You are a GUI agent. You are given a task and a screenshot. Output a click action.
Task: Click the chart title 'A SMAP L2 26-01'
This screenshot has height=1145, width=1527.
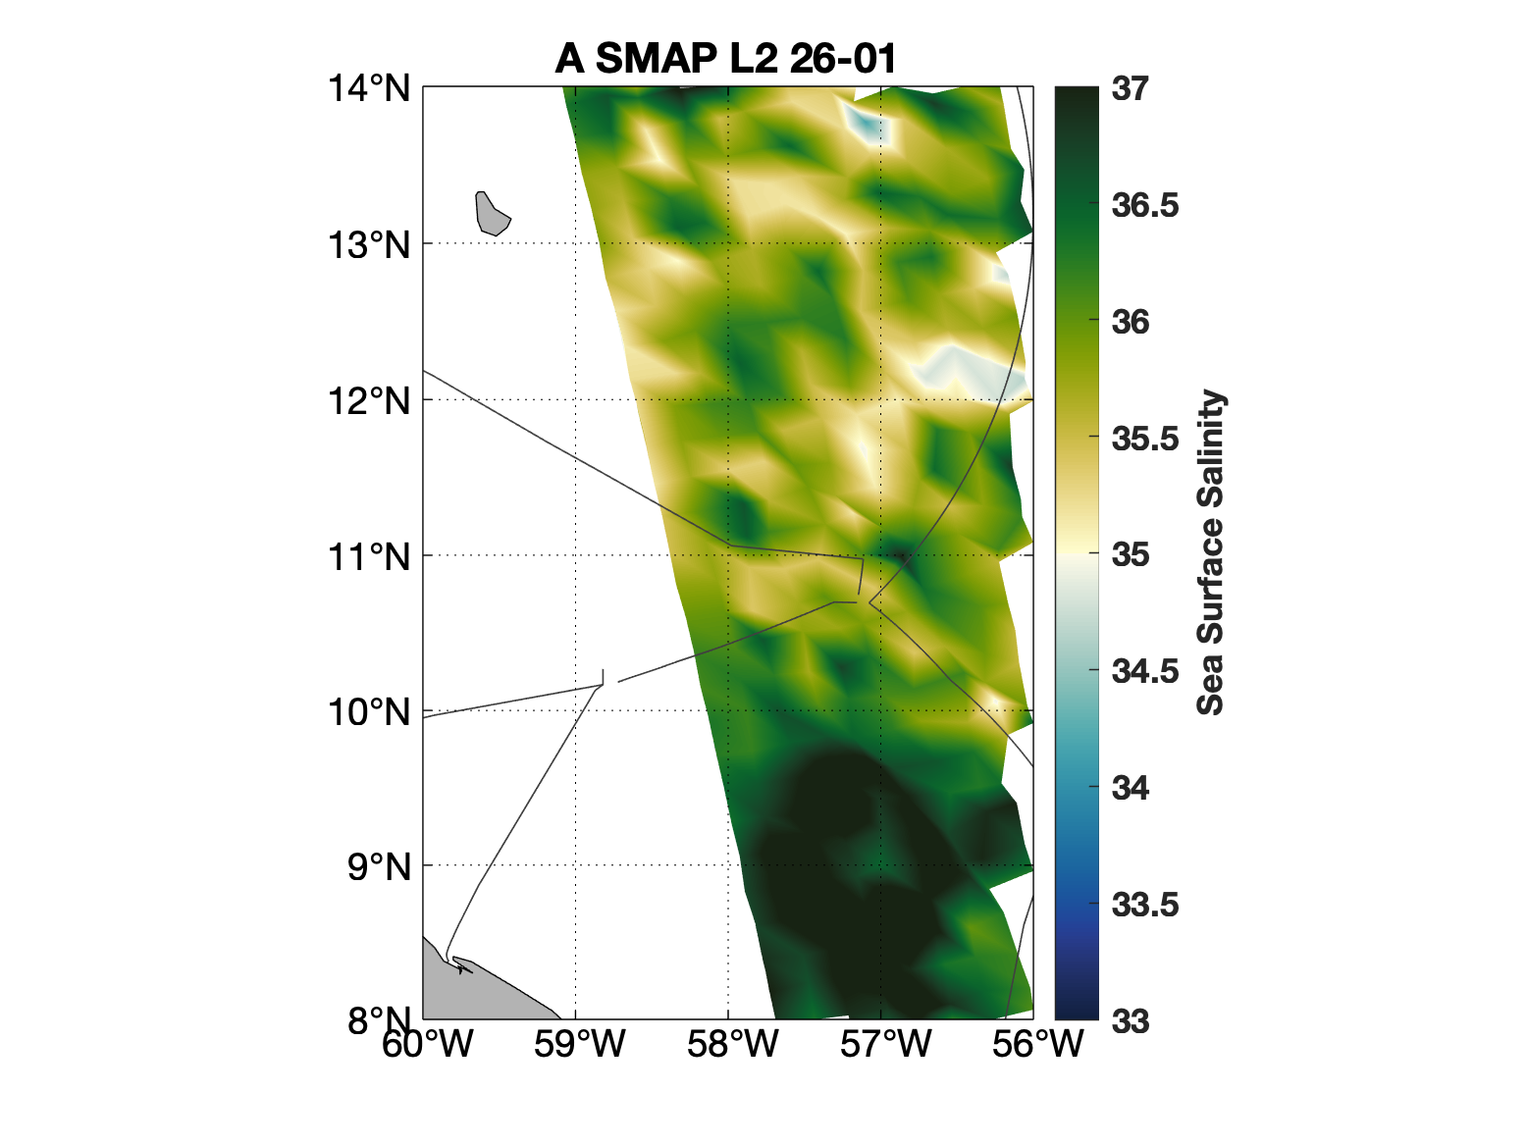pyautogui.click(x=725, y=59)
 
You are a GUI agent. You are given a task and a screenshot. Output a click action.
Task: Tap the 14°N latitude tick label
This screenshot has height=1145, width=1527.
pyautogui.click(x=369, y=88)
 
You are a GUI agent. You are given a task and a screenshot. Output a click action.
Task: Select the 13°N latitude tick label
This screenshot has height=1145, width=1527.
pyautogui.click(x=369, y=244)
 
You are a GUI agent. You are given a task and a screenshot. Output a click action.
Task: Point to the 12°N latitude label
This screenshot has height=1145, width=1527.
pyautogui.click(x=369, y=400)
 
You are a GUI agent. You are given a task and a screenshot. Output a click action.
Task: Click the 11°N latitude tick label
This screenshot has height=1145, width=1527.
pyautogui.click(x=369, y=556)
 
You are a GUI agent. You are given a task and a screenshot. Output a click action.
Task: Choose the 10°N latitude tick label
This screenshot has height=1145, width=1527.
pyautogui.click(x=369, y=711)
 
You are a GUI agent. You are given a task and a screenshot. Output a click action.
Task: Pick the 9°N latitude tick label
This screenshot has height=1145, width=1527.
pyautogui.click(x=378, y=866)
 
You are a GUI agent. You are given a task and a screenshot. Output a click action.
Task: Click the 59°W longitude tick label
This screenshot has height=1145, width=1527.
pyautogui.click(x=579, y=1044)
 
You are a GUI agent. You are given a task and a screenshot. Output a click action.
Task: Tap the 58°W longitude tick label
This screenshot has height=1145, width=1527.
pyautogui.click(x=732, y=1044)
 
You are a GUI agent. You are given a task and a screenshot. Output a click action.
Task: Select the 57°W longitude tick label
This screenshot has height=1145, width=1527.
pyautogui.click(x=885, y=1044)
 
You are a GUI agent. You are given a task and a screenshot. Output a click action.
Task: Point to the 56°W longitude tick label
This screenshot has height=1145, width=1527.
pyautogui.click(x=1037, y=1044)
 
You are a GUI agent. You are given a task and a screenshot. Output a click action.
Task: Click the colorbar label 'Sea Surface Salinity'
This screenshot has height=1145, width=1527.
pyautogui.click(x=1212, y=553)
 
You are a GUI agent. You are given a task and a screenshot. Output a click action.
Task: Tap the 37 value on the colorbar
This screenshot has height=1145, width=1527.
pyautogui.click(x=1131, y=88)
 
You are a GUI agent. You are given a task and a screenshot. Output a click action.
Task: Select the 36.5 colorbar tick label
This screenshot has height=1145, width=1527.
pyautogui.click(x=1144, y=205)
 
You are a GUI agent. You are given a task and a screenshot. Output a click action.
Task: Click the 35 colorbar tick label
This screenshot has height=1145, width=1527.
pyautogui.click(x=1131, y=554)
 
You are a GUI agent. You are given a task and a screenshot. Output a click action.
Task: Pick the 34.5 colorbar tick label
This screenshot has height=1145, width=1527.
pyautogui.click(x=1144, y=671)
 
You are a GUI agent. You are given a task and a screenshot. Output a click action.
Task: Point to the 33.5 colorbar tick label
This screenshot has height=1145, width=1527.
pyautogui.click(x=1144, y=905)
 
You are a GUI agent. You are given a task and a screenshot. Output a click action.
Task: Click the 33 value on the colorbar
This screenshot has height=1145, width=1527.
pyautogui.click(x=1131, y=1021)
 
